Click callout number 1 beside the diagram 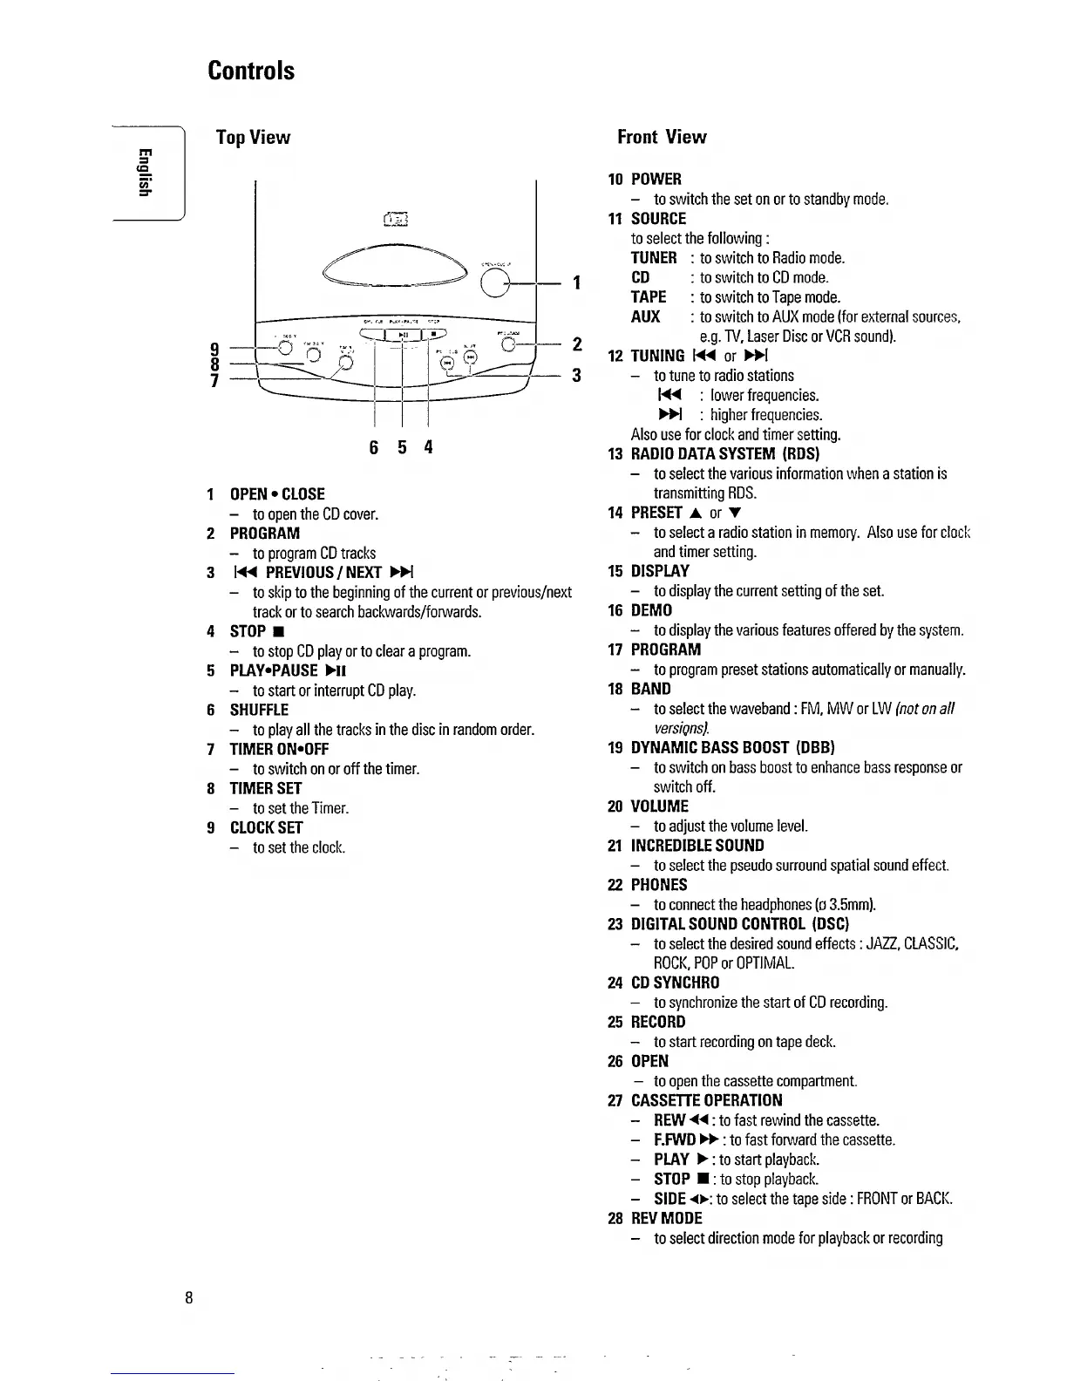575,282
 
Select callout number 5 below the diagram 402,449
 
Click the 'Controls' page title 251,71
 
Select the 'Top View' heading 253,138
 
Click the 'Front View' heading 662,137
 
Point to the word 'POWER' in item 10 656,180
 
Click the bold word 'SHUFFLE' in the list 259,710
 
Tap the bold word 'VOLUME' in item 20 660,806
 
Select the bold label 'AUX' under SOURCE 645,316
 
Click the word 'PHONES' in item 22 659,885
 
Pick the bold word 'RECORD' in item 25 658,1022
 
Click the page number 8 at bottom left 189,1296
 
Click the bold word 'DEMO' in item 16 652,610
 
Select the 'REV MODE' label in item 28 667,1218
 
